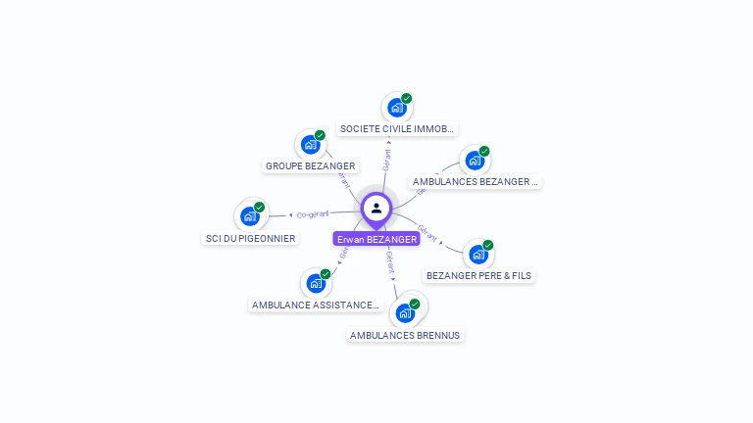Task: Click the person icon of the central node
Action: pos(376,209)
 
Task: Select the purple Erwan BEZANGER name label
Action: pos(376,239)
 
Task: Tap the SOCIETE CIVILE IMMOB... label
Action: pos(396,128)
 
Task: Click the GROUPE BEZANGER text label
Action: pos(310,165)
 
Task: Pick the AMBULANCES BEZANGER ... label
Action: pos(476,181)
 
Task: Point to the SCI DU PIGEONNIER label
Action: pos(250,238)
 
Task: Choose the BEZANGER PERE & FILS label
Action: pos(478,275)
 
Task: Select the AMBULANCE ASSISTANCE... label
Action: pos(315,305)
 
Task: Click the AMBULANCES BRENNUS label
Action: pos(404,335)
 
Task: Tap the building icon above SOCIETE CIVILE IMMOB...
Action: pos(395,108)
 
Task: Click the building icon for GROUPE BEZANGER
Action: pos(310,145)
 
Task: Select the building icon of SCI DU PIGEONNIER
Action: pos(250,216)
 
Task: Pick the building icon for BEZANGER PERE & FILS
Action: pos(477,255)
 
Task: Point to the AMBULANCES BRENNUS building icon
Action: pos(404,313)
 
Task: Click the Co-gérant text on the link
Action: pos(313,213)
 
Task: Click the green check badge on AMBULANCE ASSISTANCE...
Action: pos(326,274)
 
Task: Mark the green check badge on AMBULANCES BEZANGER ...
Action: pos(484,152)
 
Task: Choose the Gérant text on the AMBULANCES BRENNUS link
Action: pos(389,260)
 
